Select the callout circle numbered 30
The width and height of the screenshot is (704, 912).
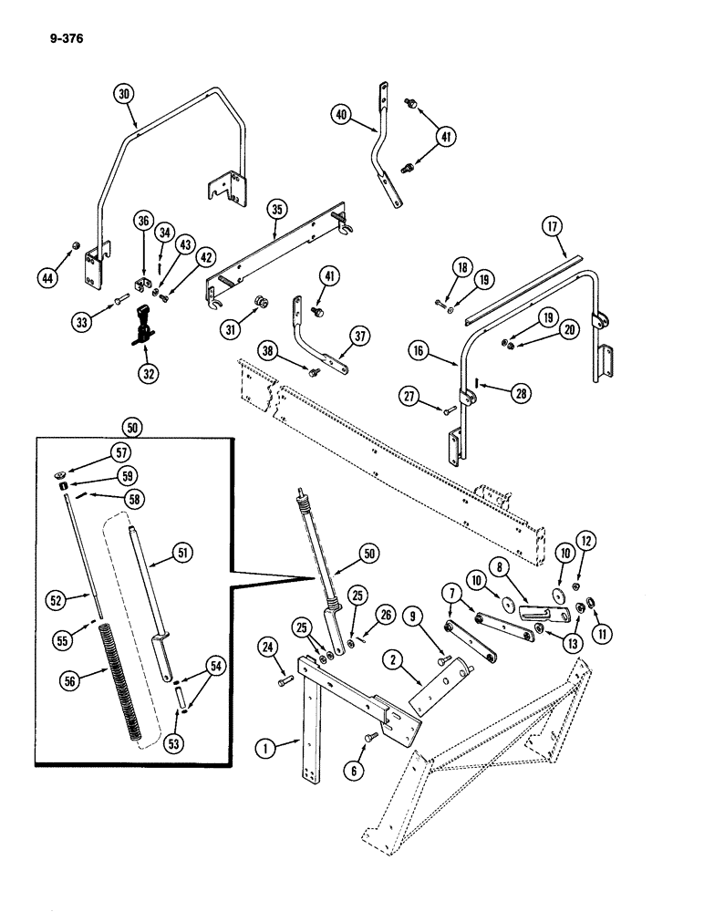(x=124, y=93)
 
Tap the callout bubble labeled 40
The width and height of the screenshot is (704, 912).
(x=341, y=115)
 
